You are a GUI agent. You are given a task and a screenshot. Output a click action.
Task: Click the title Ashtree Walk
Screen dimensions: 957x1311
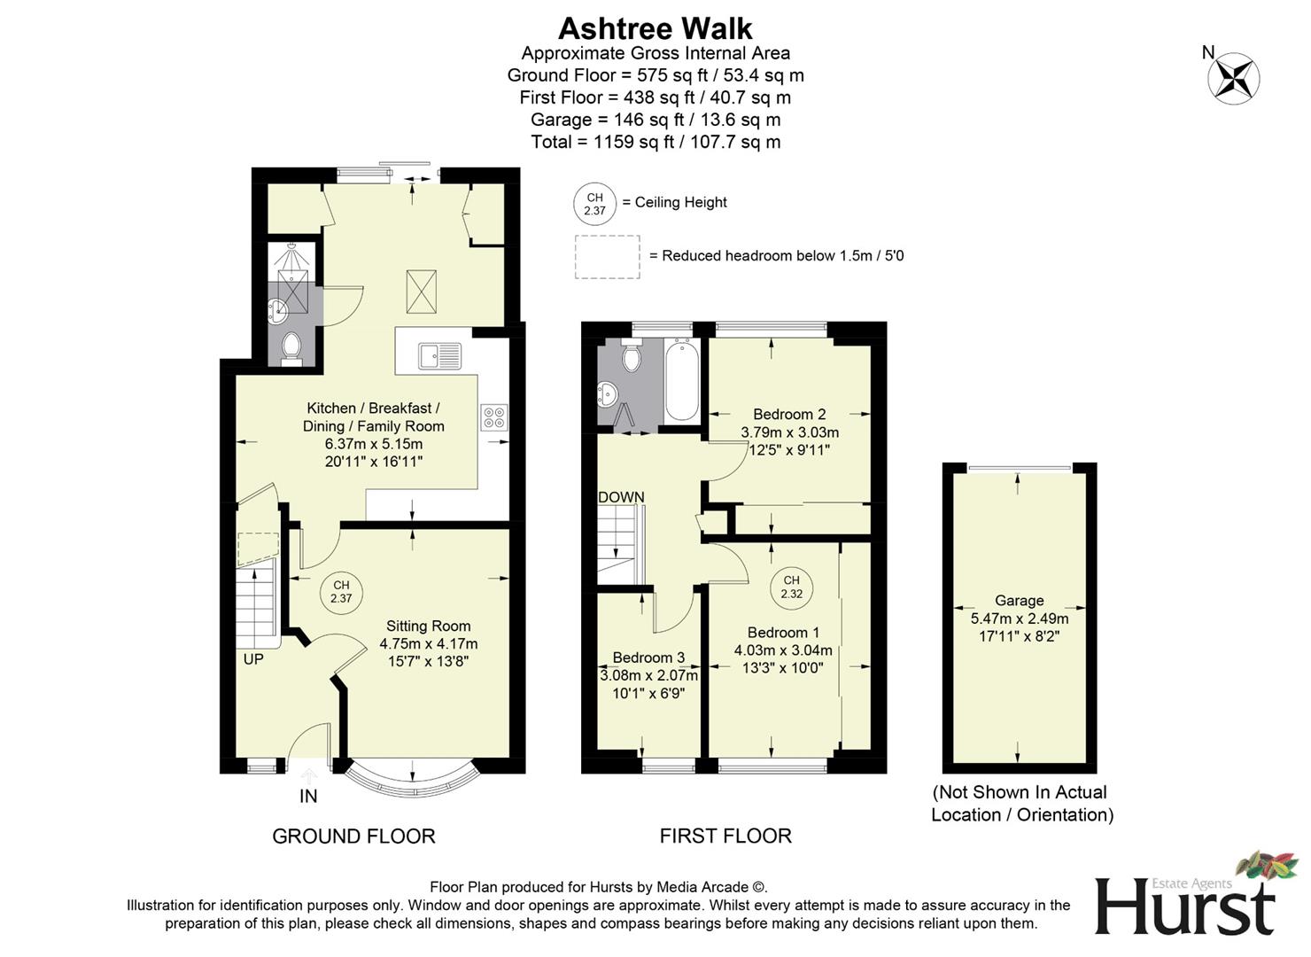pos(655,28)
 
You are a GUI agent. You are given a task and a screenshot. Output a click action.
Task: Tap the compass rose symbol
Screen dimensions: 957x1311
pos(1233,77)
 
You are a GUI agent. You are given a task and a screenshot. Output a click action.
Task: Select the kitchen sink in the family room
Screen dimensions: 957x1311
pos(440,356)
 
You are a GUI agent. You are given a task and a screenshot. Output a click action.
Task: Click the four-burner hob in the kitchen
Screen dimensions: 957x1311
pos(494,417)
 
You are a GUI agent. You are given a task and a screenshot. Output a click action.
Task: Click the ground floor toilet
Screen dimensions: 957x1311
pos(291,348)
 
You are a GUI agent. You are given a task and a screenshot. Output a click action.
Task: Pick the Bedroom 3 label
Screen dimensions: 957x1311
pos(648,657)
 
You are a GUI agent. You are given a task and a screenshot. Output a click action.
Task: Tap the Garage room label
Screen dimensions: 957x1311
pos(1019,600)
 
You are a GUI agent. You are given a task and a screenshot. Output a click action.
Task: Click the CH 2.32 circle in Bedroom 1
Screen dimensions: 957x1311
pos(791,587)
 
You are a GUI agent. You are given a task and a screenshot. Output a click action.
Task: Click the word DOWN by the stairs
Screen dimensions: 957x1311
pos(621,497)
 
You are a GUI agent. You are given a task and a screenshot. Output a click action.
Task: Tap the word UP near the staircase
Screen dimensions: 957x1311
pos(253,659)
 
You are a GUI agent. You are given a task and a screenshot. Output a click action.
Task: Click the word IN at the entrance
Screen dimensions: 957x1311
pos(308,796)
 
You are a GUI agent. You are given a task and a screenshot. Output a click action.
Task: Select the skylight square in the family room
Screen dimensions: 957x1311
pos(422,292)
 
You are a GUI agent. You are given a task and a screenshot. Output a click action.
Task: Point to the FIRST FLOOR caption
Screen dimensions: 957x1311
pos(725,836)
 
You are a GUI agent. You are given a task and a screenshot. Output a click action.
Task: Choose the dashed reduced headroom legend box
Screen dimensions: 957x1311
pos(607,257)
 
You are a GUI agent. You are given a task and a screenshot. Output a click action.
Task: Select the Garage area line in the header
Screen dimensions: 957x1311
pos(655,120)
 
